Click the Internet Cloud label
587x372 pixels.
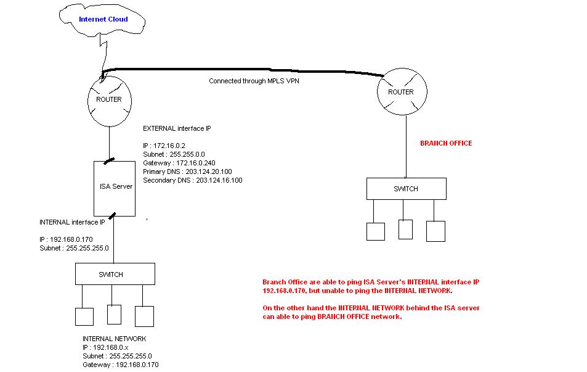[x=103, y=19]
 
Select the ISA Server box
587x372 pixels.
[x=114, y=189]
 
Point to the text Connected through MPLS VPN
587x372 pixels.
[x=254, y=81]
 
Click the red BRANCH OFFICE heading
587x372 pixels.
[x=446, y=143]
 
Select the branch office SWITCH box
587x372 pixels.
[x=406, y=189]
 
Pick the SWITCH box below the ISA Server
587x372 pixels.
[x=115, y=274]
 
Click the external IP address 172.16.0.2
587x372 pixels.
[x=169, y=146]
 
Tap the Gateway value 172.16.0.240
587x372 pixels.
[x=195, y=163]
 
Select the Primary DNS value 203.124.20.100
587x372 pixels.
[x=209, y=172]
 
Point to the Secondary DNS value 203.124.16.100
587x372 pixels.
[x=219, y=180]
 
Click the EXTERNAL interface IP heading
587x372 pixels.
[x=177, y=128]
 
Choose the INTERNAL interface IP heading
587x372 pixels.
[x=72, y=222]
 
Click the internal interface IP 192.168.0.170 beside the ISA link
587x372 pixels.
[x=71, y=239]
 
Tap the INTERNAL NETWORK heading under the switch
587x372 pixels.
[x=114, y=339]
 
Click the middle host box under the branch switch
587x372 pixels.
[x=405, y=229]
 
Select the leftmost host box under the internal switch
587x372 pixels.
[x=84, y=316]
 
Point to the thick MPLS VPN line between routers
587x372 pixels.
[x=243, y=69]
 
